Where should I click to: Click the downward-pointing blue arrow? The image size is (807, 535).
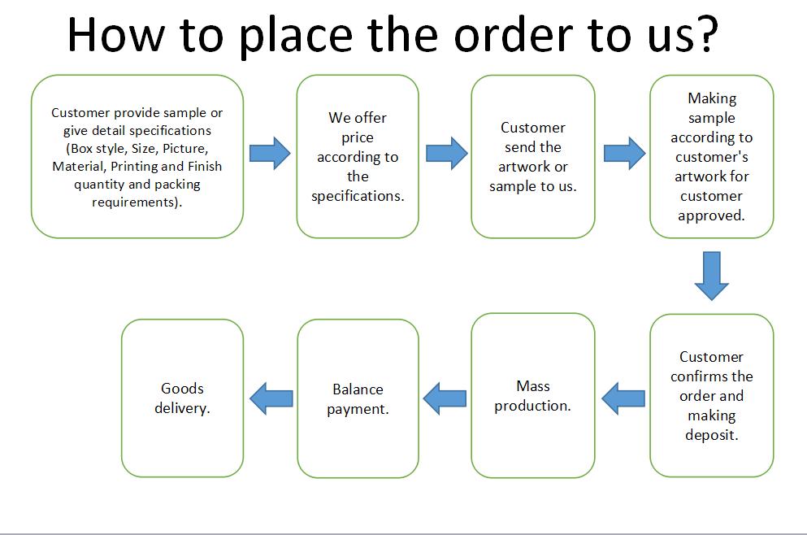click(711, 276)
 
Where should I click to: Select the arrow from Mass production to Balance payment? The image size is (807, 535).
click(445, 398)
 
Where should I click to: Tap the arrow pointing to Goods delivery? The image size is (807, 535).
click(271, 398)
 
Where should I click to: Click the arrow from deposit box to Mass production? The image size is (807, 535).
click(623, 398)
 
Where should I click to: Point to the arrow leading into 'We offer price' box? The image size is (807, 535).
click(270, 154)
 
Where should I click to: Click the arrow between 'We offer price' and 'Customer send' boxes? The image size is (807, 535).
click(447, 154)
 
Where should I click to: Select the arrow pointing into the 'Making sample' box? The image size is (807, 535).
click(624, 154)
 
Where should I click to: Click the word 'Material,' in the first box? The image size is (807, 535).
click(78, 167)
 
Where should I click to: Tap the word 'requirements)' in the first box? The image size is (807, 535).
click(136, 202)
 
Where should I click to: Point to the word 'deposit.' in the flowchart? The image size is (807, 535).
click(712, 436)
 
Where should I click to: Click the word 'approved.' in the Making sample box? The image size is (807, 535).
click(711, 215)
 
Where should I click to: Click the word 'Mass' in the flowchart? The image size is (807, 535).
click(532, 385)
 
